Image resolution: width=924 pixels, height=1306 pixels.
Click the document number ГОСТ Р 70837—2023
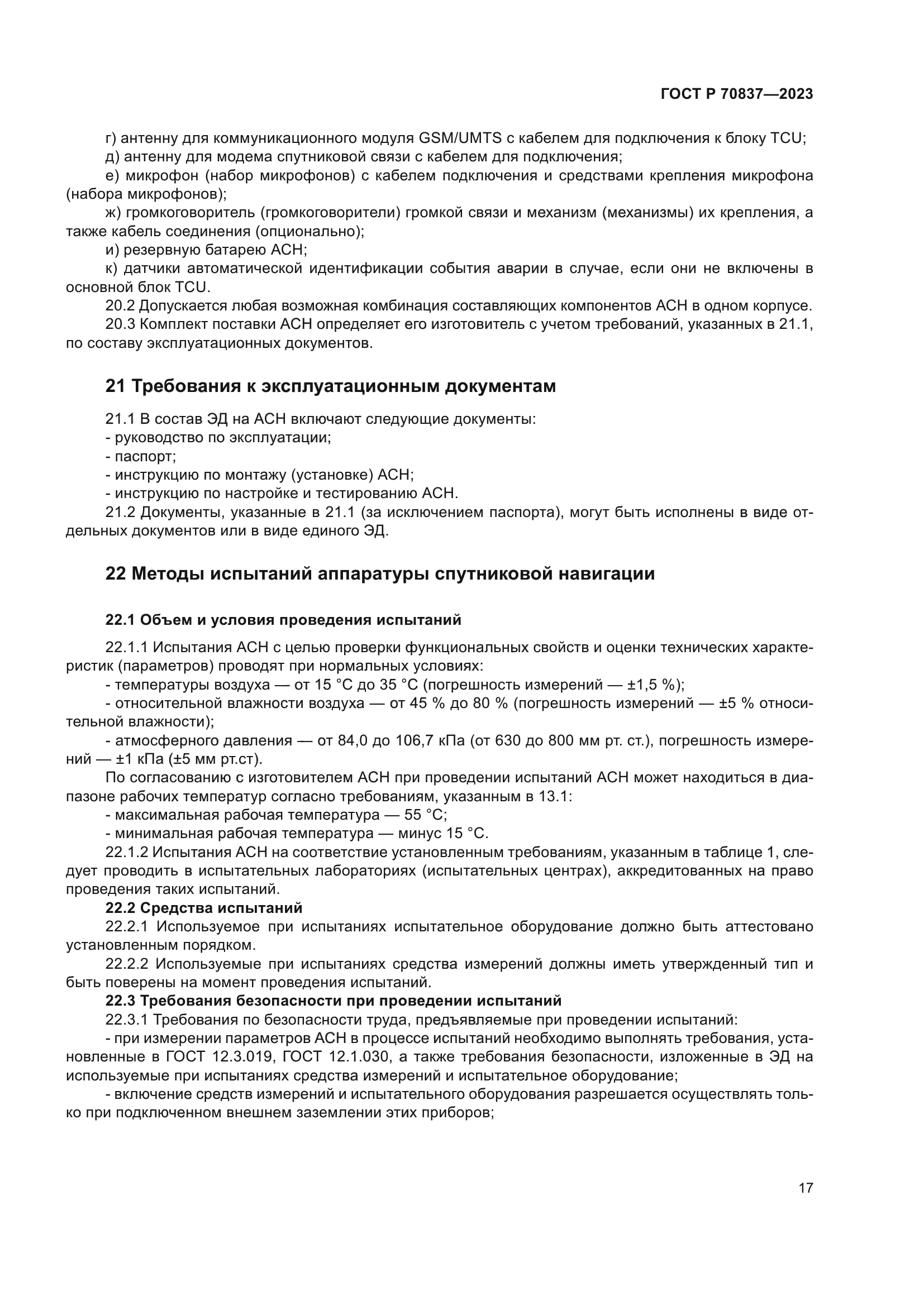(x=736, y=94)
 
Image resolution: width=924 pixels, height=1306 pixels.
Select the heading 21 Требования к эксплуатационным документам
(x=330, y=386)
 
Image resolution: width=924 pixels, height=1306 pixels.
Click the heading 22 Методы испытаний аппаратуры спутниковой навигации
(x=379, y=573)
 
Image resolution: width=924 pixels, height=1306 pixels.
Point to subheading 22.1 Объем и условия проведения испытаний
(x=283, y=620)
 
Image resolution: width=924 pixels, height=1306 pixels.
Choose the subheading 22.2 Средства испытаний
(x=204, y=907)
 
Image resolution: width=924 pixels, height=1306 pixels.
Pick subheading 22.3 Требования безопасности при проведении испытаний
(x=333, y=1001)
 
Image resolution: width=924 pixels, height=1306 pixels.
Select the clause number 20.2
(x=120, y=306)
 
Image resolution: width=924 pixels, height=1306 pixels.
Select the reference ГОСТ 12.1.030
(x=336, y=1057)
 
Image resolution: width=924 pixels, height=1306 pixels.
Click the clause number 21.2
(x=120, y=513)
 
